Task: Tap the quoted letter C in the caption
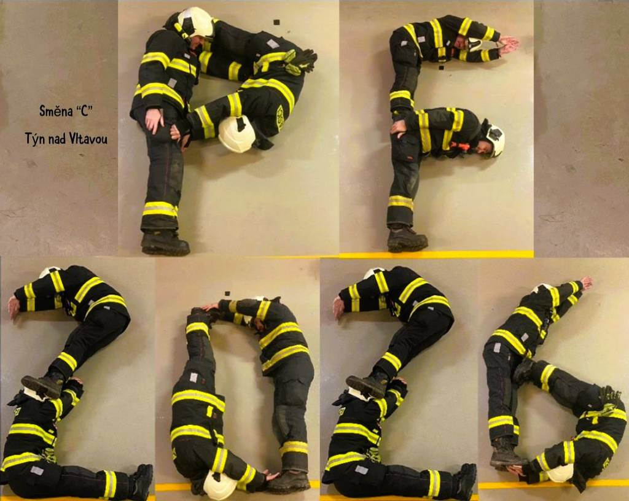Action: pos(84,111)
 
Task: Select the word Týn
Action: pos(34,139)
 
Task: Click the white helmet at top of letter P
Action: pos(195,23)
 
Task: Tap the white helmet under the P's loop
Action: pos(236,134)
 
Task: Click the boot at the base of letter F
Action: pos(407,239)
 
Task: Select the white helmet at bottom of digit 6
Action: pos(560,473)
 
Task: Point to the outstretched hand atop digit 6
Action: pos(587,282)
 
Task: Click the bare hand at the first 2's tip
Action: pos(14,308)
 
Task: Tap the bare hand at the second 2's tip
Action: pos(338,308)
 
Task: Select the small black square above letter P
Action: pos(276,22)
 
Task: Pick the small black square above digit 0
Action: pos(227,293)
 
